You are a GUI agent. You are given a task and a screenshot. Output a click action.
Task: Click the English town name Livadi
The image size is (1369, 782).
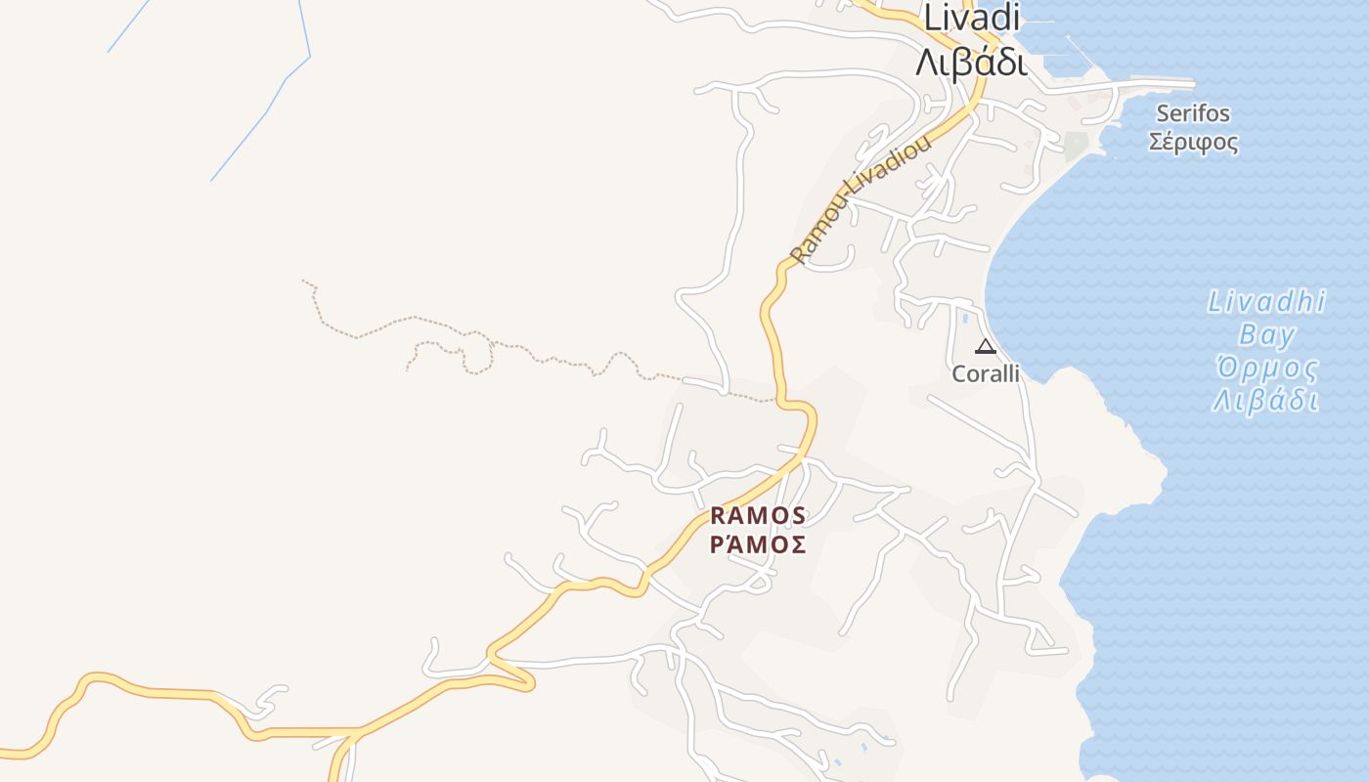(x=972, y=17)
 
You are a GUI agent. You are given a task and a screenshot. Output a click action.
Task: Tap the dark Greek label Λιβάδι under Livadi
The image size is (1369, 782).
(x=970, y=62)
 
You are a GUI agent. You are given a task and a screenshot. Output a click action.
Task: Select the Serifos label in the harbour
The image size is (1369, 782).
(x=1193, y=113)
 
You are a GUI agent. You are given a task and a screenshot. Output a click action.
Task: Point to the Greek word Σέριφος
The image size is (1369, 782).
(x=1193, y=143)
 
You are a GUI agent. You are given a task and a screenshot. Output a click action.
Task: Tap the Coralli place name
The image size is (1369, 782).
(x=986, y=373)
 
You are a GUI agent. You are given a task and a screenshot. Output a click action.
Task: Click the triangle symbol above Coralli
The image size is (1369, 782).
(x=985, y=346)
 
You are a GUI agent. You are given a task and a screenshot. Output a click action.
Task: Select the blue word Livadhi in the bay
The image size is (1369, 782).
(x=1266, y=301)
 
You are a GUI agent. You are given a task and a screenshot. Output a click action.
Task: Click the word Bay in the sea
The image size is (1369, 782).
(x=1266, y=335)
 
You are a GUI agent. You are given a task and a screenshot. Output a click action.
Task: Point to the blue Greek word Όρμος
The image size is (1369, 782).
(x=1266, y=369)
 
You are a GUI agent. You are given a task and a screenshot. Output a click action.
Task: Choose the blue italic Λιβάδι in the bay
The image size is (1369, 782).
(x=1266, y=401)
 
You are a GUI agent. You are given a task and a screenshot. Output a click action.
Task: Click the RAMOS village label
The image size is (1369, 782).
(x=758, y=515)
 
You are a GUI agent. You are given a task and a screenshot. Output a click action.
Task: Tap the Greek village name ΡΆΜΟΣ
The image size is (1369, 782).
(x=758, y=544)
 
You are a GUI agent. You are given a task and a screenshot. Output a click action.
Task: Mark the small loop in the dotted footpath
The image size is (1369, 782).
(x=476, y=354)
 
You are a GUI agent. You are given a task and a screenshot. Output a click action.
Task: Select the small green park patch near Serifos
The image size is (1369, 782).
(x=1076, y=147)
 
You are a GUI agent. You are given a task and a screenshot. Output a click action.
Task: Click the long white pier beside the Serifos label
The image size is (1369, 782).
(x=1154, y=83)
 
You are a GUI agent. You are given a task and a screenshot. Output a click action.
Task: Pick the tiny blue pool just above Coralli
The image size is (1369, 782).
(x=965, y=319)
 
